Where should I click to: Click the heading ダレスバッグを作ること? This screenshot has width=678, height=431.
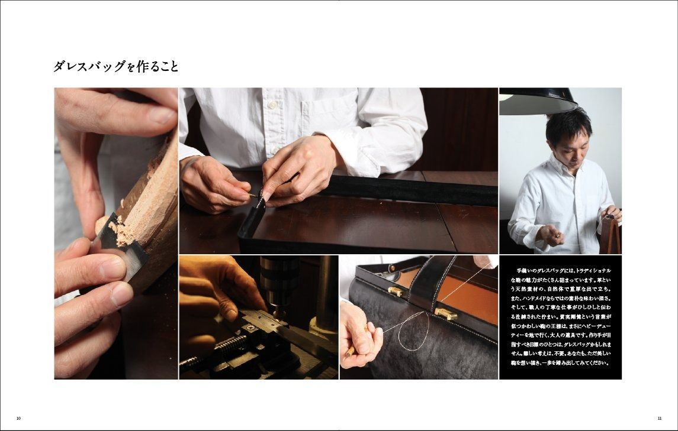click(x=116, y=66)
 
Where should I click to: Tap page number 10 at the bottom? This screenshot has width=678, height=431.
click(x=18, y=418)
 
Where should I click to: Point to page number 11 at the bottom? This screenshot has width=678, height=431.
click(x=659, y=418)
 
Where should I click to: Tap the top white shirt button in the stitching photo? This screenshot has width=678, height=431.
click(x=272, y=104)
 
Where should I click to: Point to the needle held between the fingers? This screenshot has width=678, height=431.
click(x=255, y=195)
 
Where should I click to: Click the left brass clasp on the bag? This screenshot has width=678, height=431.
click(x=395, y=291)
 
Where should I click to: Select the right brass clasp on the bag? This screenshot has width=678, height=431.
click(x=446, y=313)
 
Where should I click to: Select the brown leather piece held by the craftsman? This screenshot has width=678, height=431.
click(x=609, y=234)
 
